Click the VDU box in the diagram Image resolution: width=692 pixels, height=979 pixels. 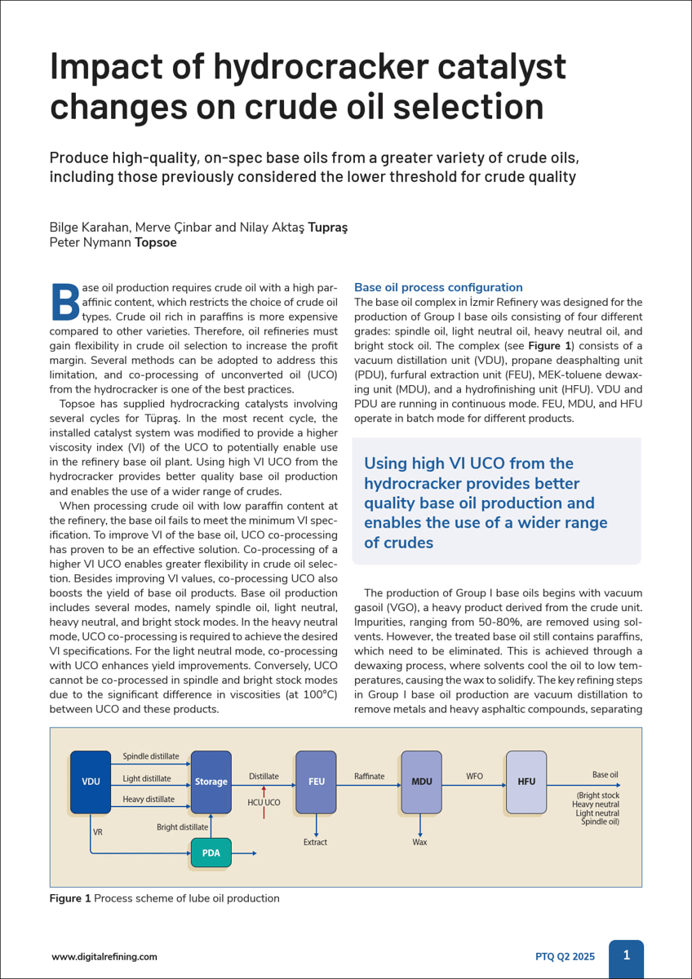coord(90,782)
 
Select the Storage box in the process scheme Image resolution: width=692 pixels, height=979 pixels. coord(211,782)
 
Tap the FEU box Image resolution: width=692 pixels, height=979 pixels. coord(316,782)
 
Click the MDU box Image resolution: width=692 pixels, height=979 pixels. coord(421,782)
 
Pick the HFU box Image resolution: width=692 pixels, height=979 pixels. coord(526,782)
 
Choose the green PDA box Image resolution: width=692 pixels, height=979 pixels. coord(211,853)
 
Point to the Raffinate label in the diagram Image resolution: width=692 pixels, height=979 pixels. coord(369,776)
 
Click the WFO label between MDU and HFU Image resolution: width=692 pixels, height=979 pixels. coord(474,776)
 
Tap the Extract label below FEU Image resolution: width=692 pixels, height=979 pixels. coord(315,841)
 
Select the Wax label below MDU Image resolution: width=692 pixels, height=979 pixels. coord(419,841)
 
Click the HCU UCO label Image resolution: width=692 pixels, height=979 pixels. coord(264,803)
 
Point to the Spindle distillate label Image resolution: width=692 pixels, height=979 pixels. coord(151,756)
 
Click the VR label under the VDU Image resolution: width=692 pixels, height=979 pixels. coord(98,832)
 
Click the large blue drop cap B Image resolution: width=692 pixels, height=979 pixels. coord(65,301)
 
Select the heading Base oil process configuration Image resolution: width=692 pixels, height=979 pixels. coord(438,287)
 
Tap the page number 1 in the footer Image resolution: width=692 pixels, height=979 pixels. coord(626,955)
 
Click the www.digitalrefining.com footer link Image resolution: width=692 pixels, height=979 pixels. coord(104,957)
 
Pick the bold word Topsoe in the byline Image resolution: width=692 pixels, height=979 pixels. coord(155,242)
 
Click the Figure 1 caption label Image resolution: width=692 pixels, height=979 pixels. coord(70,898)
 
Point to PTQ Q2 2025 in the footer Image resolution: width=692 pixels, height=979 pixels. coord(565,957)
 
